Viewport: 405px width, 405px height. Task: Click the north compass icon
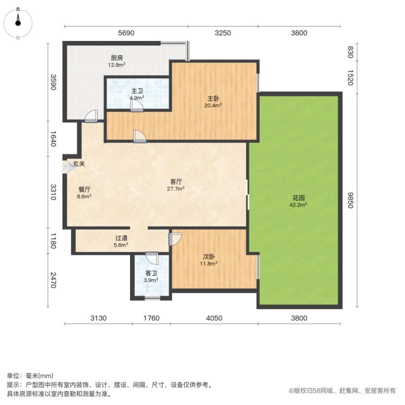pyautogui.click(x=18, y=22)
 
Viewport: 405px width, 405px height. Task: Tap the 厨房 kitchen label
pyautogui.click(x=117, y=58)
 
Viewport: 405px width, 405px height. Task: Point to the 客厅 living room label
pyautogui.click(x=176, y=181)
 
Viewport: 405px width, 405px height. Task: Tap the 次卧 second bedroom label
pyautogui.click(x=209, y=256)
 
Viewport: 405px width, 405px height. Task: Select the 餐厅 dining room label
pyautogui.click(x=84, y=189)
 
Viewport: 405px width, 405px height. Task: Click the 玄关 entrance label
pyautogui.click(x=79, y=164)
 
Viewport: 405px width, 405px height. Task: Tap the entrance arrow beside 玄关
pyautogui.click(x=66, y=167)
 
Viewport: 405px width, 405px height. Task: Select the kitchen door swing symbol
pyautogui.click(x=91, y=117)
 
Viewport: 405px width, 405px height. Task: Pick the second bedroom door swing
pyautogui.click(x=175, y=239)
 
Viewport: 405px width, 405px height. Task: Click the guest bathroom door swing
pyautogui.click(x=152, y=258)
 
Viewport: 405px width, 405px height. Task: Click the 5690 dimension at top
pyautogui.click(x=125, y=33)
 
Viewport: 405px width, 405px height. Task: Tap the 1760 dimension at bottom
pyautogui.click(x=151, y=318)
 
